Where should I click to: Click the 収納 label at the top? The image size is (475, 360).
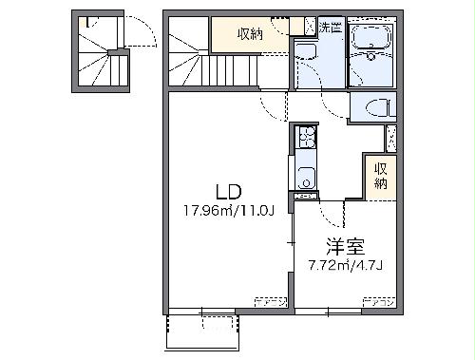point(250,34)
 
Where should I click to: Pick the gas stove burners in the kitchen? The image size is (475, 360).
point(304,142)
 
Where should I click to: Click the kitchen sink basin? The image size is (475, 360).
point(304,176)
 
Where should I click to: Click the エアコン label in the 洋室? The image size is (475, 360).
point(378,303)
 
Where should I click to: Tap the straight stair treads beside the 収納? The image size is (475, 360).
point(228,70)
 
